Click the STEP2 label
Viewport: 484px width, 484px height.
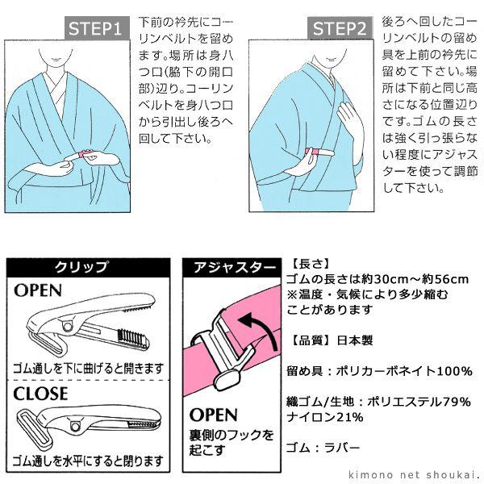pos(340,28)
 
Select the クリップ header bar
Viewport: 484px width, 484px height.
pos(88,268)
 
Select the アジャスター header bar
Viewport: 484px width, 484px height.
pos(232,268)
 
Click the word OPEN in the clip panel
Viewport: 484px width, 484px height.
pos(38,290)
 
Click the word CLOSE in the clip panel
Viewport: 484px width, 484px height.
pos(40,394)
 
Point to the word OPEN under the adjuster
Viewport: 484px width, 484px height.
pos(213,415)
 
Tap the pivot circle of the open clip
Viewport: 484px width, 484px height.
pos(66,326)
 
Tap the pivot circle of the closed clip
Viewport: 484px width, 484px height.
pos(75,426)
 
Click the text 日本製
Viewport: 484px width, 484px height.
pos(355,340)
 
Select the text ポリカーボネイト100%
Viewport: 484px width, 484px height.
pos(404,371)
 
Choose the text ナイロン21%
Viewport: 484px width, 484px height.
pos(325,417)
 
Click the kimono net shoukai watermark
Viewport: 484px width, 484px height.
pos(415,474)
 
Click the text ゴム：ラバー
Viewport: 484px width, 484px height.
pos(323,447)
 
